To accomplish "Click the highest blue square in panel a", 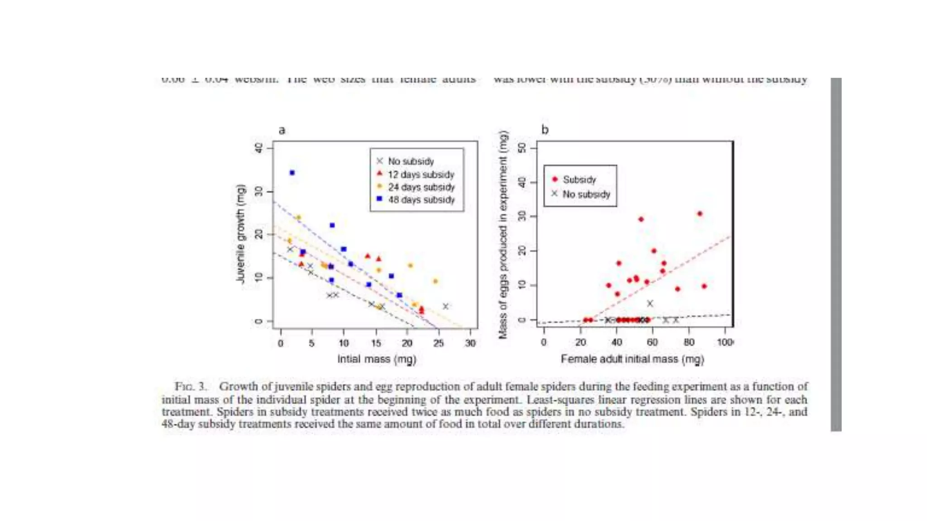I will point(292,173).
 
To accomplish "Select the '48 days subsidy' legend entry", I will point(421,199).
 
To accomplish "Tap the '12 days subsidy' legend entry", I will point(420,175).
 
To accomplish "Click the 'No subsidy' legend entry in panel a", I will point(411,161).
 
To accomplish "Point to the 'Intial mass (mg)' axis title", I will point(377,359).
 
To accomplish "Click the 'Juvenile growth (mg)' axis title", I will point(240,234).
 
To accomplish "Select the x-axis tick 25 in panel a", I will point(438,343).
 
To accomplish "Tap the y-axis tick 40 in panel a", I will point(258,148).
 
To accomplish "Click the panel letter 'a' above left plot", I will point(282,130).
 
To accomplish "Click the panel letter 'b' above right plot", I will point(545,130).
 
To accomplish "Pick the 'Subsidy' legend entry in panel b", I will point(579,180).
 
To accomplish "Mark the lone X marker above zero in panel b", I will point(650,303).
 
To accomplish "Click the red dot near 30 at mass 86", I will point(700,214).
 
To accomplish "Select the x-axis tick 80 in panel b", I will point(688,342).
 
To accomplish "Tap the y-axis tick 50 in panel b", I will point(522,148).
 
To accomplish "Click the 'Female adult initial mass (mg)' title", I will point(632,359).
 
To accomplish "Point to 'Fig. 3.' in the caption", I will point(191,387).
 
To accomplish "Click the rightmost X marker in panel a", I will point(445,306).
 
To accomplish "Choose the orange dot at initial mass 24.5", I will point(435,281).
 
